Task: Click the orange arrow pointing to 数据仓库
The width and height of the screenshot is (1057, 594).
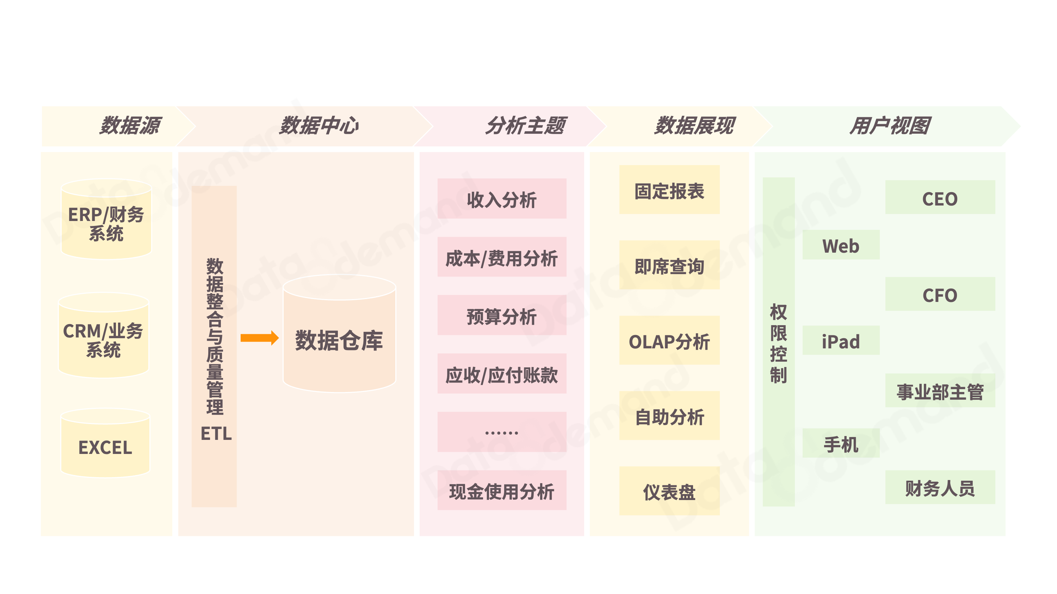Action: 259,338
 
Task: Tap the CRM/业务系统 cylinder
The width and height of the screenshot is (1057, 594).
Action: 103,336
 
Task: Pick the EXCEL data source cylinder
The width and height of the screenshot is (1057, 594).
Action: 105,445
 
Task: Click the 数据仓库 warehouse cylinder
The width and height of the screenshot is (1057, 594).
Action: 339,336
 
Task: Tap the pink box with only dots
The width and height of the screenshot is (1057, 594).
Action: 501,432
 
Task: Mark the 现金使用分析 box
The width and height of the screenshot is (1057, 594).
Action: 501,490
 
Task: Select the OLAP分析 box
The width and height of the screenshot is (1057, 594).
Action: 669,341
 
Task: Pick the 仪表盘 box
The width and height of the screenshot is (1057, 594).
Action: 669,491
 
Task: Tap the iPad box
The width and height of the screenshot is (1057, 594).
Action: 840,341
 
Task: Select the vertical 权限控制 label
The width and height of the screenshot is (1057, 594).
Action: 778,343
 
